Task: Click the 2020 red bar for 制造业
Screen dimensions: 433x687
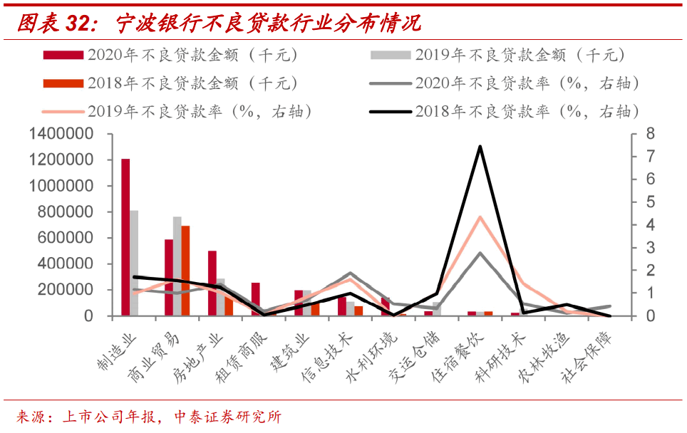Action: [x=125, y=237]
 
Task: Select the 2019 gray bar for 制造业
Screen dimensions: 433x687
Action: [x=134, y=263]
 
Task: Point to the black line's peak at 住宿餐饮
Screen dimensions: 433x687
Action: [x=480, y=147]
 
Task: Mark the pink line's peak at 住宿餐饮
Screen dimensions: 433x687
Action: [x=480, y=216]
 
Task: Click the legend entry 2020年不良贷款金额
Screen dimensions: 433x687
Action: [x=171, y=55]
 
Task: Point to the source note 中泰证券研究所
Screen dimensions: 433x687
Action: [x=228, y=417]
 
